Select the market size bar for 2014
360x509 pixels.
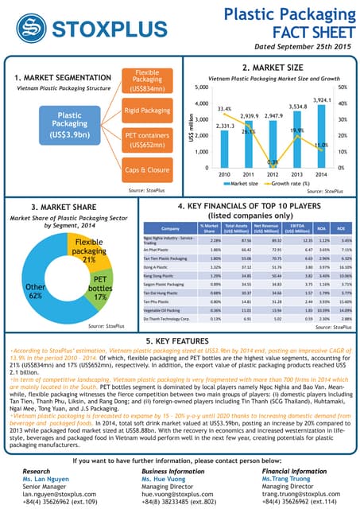point(322,136)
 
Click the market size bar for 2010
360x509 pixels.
point(203,149)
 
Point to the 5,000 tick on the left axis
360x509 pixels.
point(179,87)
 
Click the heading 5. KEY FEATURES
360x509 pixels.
point(180,340)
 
